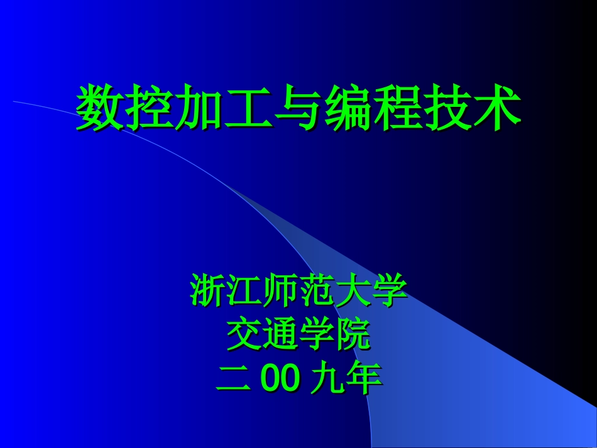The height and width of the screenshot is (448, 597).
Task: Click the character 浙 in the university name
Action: [x=208, y=291]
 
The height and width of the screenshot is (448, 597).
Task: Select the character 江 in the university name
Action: [x=244, y=291]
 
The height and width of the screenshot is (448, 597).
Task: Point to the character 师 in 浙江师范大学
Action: [x=281, y=291]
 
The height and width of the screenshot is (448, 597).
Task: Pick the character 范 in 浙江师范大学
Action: [x=317, y=291]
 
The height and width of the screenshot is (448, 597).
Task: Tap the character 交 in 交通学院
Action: [x=244, y=336]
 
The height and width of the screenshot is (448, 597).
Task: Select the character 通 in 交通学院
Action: [x=281, y=336]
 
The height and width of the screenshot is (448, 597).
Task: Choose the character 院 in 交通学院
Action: [x=353, y=336]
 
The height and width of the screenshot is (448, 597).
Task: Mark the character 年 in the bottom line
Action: [x=364, y=380]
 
